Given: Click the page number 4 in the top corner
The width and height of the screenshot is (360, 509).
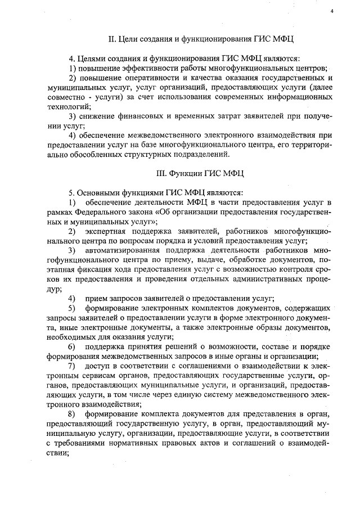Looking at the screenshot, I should click(x=332, y=11).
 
